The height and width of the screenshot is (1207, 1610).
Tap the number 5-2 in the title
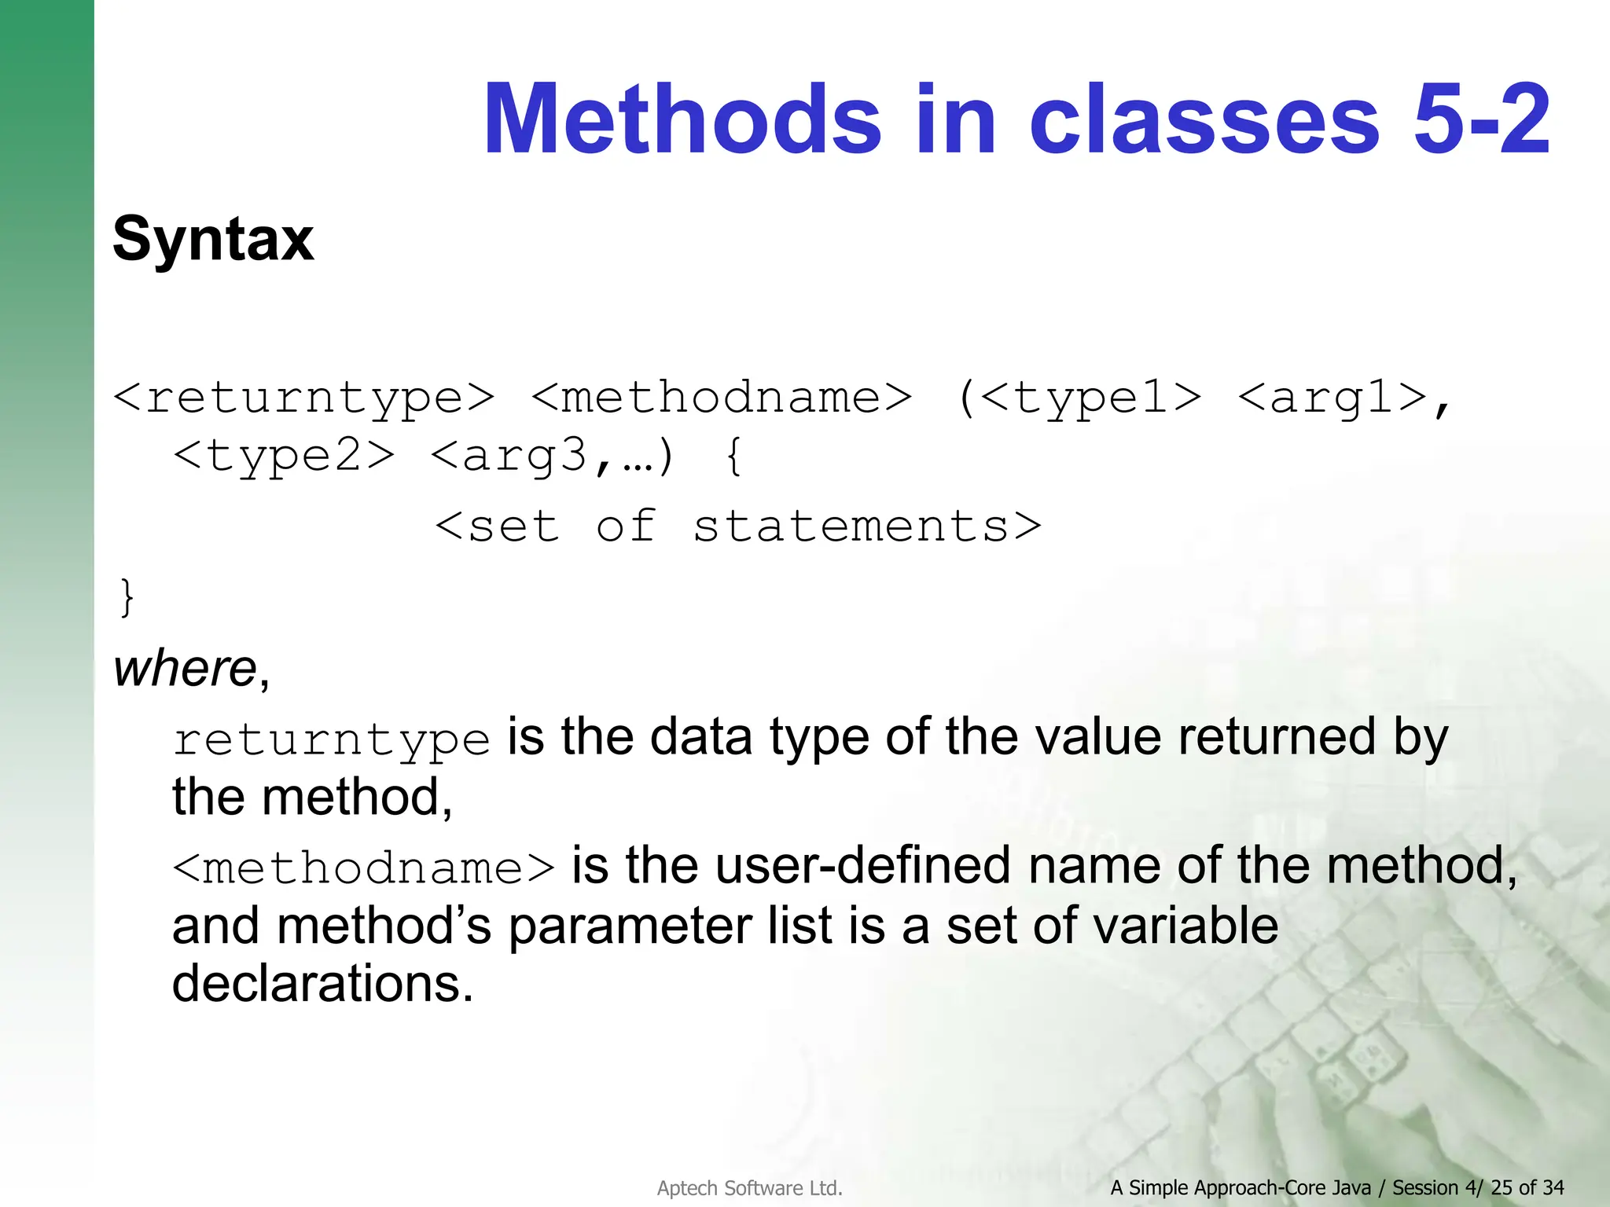(1481, 119)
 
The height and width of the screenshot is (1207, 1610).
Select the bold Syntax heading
(213, 239)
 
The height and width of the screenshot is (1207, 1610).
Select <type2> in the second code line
(284, 456)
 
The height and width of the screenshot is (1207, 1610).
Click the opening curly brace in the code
(733, 456)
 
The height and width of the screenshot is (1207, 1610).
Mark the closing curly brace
(127, 597)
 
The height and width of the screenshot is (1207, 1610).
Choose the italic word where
(186, 669)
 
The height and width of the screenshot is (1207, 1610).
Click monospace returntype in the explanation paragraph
(331, 740)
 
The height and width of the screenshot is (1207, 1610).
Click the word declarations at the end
(322, 983)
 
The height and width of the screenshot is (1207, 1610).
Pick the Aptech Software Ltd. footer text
(749, 1188)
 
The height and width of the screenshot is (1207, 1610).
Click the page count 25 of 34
(1527, 1187)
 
